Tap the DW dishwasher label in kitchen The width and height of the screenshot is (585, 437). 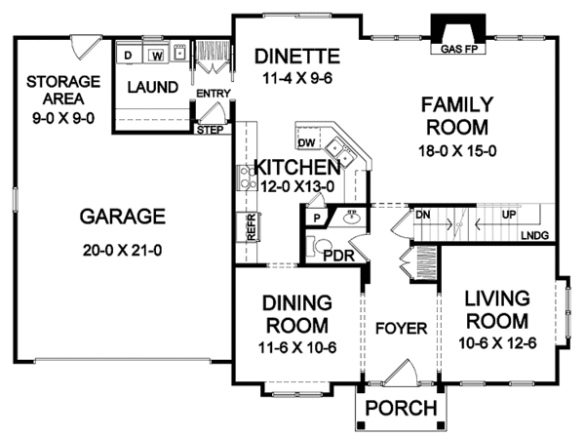tap(305, 143)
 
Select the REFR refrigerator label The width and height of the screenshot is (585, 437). tap(251, 226)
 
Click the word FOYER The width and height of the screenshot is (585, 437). tap(402, 329)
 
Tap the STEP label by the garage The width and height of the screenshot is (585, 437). tap(209, 129)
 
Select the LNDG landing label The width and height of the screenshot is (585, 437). tap(534, 235)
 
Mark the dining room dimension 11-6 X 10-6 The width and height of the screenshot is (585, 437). tap(299, 346)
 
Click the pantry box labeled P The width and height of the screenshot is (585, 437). tap(317, 218)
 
